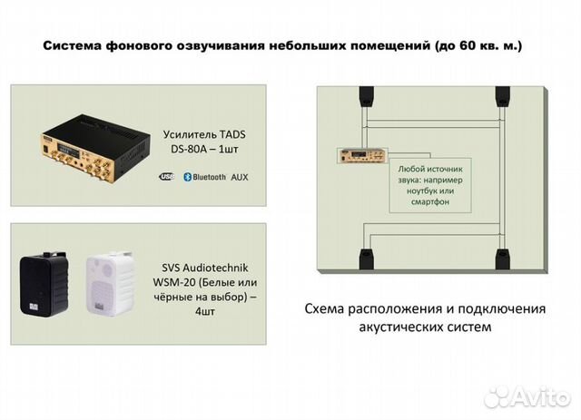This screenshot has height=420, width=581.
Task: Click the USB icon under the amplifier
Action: pos(165,178)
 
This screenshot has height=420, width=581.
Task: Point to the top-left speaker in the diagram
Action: pos(362,95)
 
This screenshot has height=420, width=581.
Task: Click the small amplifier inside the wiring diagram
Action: pos(358,157)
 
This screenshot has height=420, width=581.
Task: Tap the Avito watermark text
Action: pos(539,396)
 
